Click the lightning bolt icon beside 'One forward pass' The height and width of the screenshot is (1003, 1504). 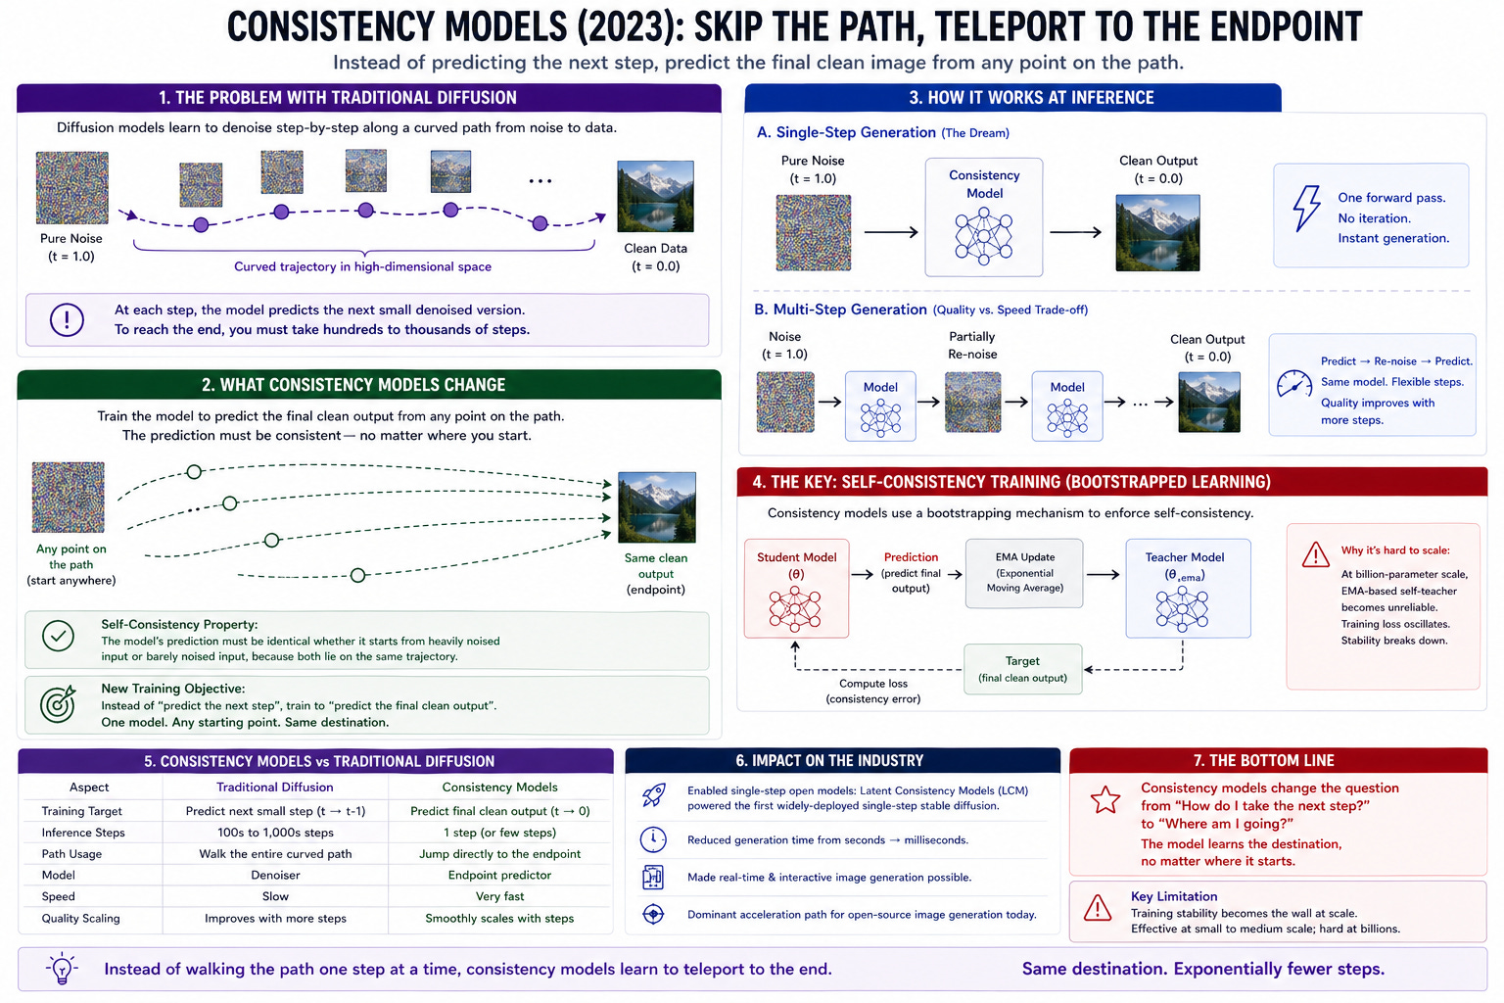coord(1306,208)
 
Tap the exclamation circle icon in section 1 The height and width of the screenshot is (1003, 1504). coord(67,319)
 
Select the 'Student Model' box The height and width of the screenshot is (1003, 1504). coord(796,588)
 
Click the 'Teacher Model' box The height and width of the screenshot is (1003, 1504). coord(1187,588)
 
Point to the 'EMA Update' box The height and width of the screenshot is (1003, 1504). coord(1024,573)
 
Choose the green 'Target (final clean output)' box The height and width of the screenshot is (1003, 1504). coord(1022,669)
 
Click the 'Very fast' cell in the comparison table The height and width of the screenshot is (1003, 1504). coord(499,896)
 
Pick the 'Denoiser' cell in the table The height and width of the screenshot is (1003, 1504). coord(275,875)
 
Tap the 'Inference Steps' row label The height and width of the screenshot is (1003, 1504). coord(83,833)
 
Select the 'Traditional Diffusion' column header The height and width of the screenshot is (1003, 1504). coord(275,788)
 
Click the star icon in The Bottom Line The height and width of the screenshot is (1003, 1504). coord(1105,800)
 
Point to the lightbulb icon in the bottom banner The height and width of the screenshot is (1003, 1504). coord(62,969)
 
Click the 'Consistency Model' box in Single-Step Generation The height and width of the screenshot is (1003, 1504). coord(984,217)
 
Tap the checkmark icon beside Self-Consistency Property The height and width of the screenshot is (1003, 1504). coord(59,637)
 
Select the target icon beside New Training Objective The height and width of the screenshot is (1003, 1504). coord(59,703)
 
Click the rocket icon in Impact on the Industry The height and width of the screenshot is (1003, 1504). coord(653,795)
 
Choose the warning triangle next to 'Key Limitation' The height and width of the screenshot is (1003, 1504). coord(1098,908)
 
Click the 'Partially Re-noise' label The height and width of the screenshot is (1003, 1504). coord(972,345)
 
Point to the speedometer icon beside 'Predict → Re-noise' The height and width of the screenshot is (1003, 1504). coord(1293,383)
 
